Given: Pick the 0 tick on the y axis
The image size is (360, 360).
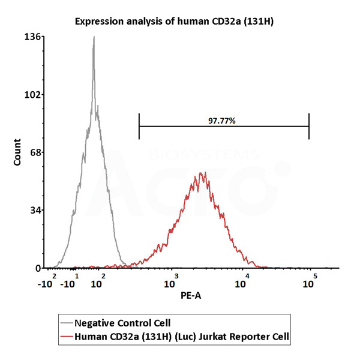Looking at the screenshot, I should click(38, 268).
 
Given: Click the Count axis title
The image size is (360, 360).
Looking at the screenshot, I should click(17, 153).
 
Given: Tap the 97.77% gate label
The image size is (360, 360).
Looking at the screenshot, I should click(221, 121).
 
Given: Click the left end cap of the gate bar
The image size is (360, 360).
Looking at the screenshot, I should click(139, 126).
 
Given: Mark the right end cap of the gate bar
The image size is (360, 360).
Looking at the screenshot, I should click(309, 126).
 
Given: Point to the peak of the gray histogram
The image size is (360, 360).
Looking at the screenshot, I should click(94, 37).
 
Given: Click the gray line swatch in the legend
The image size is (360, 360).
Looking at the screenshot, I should click(67, 323).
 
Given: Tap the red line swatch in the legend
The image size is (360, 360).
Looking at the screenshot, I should click(67, 337).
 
